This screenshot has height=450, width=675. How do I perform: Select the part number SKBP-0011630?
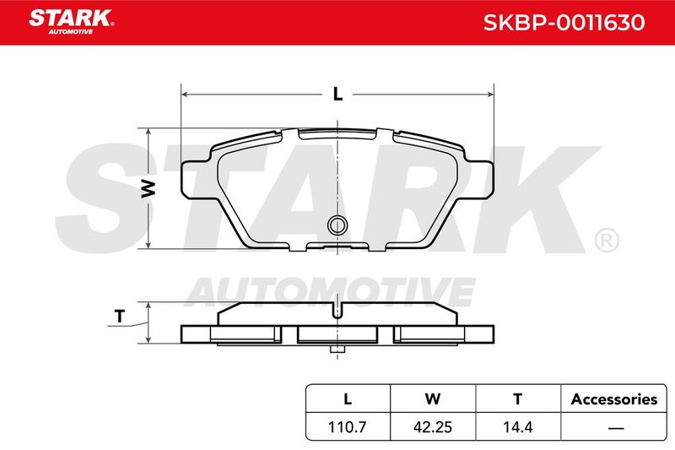(564, 23)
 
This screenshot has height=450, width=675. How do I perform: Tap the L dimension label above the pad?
(338, 94)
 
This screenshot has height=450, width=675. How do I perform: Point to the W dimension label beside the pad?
(148, 188)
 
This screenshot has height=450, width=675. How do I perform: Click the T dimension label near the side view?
(120, 317)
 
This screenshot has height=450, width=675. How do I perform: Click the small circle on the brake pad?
(337, 225)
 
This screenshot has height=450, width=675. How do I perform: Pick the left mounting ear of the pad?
(197, 180)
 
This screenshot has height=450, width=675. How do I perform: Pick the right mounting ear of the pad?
(477, 180)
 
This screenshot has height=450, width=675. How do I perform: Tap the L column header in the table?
(348, 399)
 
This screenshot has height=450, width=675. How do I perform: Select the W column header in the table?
(433, 399)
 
